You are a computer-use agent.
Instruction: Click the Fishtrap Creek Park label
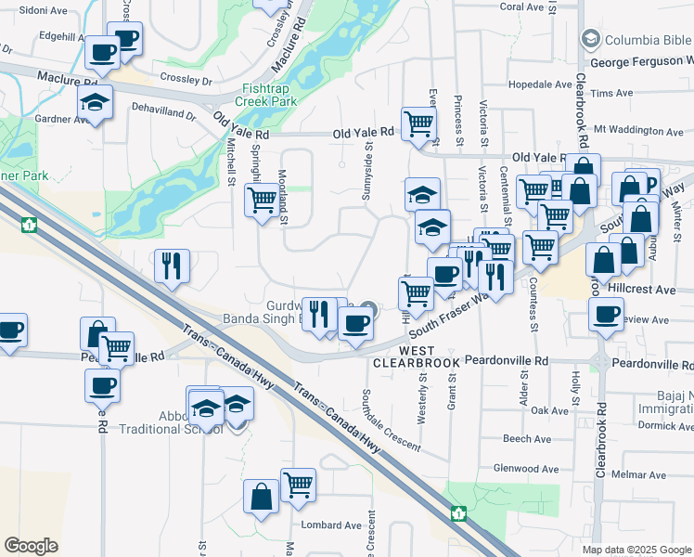coord(264,94)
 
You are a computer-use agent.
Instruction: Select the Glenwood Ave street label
coord(527,468)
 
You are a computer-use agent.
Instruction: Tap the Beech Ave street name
coord(527,439)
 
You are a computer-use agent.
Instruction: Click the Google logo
coord(31,546)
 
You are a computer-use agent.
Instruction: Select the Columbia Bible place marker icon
coord(588,40)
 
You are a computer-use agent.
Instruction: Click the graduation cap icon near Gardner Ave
coord(95,102)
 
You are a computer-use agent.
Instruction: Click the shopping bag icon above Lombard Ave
coord(261,496)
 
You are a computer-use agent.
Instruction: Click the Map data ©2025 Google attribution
coord(636,550)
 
